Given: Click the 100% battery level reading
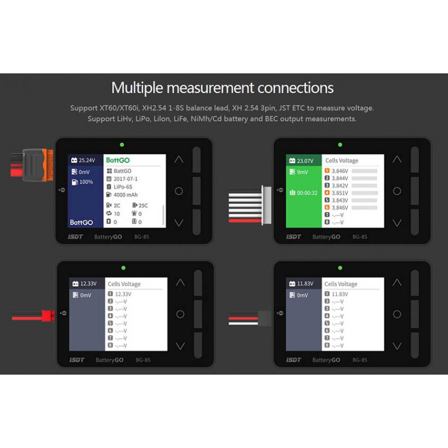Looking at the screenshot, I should [x=86, y=183].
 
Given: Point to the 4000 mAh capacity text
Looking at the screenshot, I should [x=125, y=194].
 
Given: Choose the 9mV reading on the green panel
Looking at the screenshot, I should [x=302, y=172].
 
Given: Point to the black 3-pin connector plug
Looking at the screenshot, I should [x=264, y=319].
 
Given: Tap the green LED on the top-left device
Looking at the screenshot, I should [x=122, y=144].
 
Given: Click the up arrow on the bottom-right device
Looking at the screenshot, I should [x=396, y=282].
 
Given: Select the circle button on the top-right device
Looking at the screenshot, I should [x=396, y=191].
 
